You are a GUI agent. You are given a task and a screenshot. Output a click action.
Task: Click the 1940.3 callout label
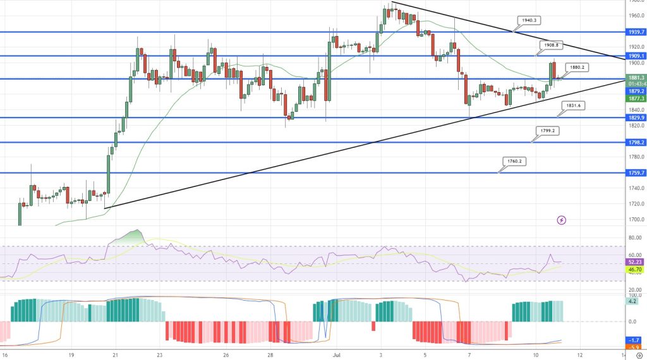pyautogui.click(x=529, y=20)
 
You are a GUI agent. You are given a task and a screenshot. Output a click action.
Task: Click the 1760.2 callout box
pyautogui.click(x=514, y=161)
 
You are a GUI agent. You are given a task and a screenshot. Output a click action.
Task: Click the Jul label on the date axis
pyautogui.click(x=336, y=354)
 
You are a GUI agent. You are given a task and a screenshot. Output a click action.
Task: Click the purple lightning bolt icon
pyautogui.click(x=562, y=220)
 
